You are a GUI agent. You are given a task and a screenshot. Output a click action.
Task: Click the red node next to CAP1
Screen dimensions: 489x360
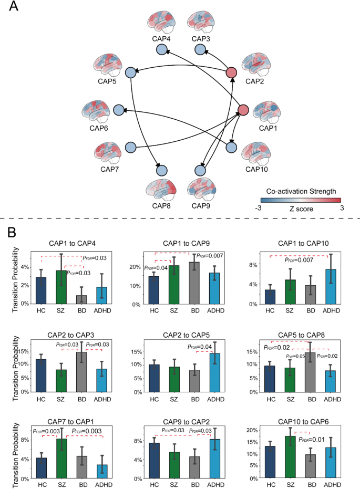(x=243, y=110)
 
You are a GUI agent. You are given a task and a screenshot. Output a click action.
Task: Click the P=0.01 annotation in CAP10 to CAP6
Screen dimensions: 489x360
(x=314, y=439)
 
